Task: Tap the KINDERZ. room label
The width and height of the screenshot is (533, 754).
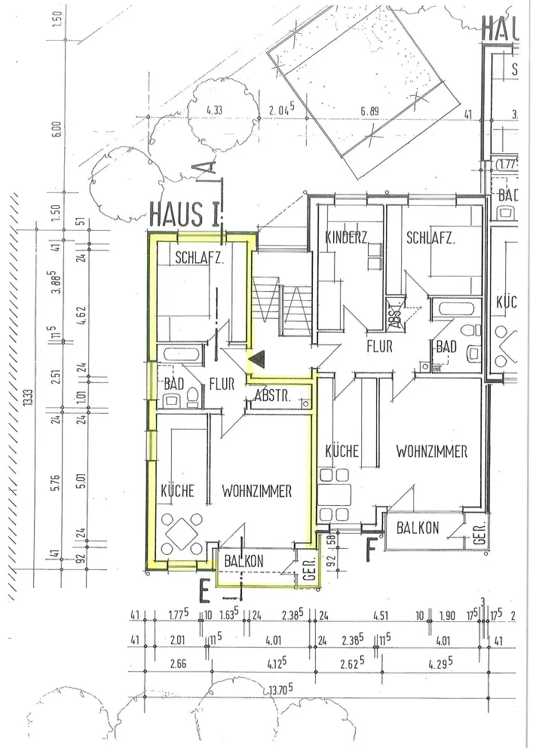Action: [345, 238]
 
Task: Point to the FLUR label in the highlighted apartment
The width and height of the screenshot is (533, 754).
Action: [224, 383]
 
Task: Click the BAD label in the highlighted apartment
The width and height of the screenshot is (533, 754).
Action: [173, 383]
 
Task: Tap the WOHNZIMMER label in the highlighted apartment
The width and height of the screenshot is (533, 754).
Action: [256, 491]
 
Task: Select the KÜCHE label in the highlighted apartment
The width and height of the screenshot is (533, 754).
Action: [178, 491]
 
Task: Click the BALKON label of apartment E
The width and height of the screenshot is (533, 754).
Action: [244, 561]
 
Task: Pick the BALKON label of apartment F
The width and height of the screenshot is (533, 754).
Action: [420, 529]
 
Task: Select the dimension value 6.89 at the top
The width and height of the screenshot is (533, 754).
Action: [369, 112]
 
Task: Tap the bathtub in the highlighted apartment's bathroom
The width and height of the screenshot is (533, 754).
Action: [178, 354]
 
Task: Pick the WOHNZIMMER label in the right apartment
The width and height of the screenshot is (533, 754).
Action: [432, 452]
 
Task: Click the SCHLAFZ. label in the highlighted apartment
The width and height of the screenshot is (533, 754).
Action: [199, 256]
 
